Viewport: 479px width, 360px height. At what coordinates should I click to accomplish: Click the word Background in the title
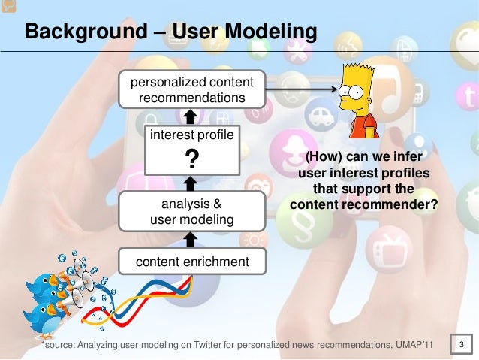[x=74, y=32]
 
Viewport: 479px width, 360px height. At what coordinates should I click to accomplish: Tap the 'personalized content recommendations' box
[x=191, y=90]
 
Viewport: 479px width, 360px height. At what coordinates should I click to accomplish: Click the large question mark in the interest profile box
[x=191, y=159]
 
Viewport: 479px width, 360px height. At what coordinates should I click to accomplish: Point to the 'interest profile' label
[x=191, y=135]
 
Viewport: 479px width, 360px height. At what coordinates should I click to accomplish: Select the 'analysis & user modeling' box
[x=191, y=211]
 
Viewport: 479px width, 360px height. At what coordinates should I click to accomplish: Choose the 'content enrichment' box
[x=191, y=262]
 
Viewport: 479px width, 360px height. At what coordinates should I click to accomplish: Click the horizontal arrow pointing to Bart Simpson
[x=300, y=90]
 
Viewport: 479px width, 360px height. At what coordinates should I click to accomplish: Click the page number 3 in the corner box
[x=462, y=345]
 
